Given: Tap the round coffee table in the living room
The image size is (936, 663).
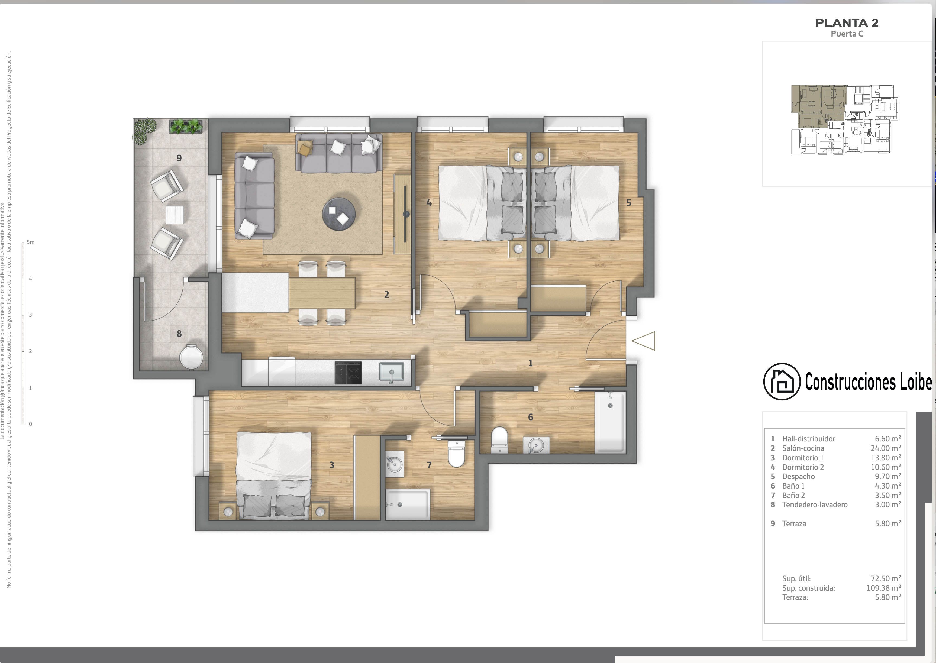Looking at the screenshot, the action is tap(339, 214).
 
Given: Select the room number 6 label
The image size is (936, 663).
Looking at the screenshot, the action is tap(530, 417).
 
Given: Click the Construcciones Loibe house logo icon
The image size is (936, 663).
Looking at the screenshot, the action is tap(782, 381).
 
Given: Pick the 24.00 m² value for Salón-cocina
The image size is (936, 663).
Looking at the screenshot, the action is tap(885, 448).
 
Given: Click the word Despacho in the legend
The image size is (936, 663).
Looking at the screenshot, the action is tap(798, 476).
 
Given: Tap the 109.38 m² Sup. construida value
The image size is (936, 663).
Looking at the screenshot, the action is tap(883, 588).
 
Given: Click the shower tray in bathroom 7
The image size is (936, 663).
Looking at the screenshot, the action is tap(407, 504).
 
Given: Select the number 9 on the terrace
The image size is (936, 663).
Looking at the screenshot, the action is tap(179, 158).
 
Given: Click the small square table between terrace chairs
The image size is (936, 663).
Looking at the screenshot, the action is tap(175, 215).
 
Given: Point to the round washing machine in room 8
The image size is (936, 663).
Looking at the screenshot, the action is tap(191, 357).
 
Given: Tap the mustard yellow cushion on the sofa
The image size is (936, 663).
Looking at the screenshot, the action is tap(305, 147).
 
